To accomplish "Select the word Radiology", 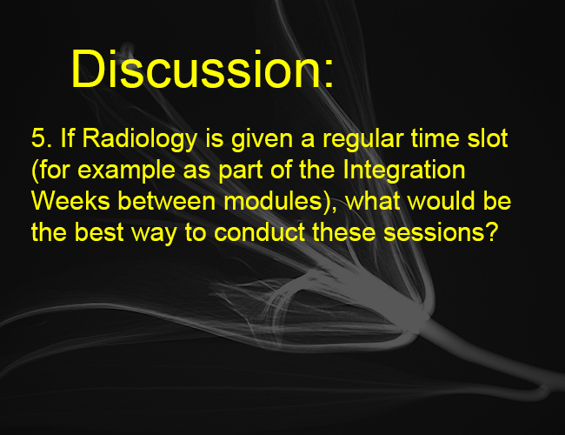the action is click(x=140, y=140).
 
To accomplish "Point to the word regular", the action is click(x=362, y=140).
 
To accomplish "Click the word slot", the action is click(x=488, y=137).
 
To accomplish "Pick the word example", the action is click(x=126, y=171).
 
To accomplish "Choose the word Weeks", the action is click(x=70, y=201).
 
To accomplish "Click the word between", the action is click(x=167, y=201).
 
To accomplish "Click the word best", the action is click(x=99, y=231).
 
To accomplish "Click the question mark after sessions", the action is click(x=491, y=231).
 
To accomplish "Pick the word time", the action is click(x=435, y=137).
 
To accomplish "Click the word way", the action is click(x=154, y=234).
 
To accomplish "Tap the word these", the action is click(x=343, y=231).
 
